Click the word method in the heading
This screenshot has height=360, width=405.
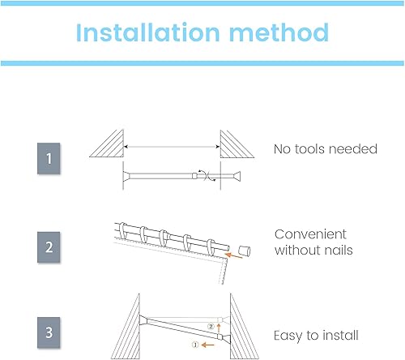click(279, 32)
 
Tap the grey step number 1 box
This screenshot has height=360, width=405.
click(49, 158)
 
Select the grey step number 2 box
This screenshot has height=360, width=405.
click(49, 247)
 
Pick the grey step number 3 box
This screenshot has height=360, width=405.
click(49, 332)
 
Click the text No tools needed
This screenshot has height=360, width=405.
click(326, 149)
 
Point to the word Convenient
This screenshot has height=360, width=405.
click(310, 234)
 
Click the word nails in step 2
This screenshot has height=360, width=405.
click(339, 251)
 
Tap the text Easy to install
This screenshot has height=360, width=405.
click(316, 336)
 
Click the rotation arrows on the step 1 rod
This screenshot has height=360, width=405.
click(207, 176)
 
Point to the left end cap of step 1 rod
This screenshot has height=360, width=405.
click(126, 176)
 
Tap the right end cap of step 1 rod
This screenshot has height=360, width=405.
click(237, 176)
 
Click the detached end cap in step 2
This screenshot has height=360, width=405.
click(245, 251)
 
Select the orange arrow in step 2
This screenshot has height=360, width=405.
click(234, 255)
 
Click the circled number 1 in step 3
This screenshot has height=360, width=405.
click(195, 345)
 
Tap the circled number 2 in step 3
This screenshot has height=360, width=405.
click(211, 327)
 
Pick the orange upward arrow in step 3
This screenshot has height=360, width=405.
click(219, 328)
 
